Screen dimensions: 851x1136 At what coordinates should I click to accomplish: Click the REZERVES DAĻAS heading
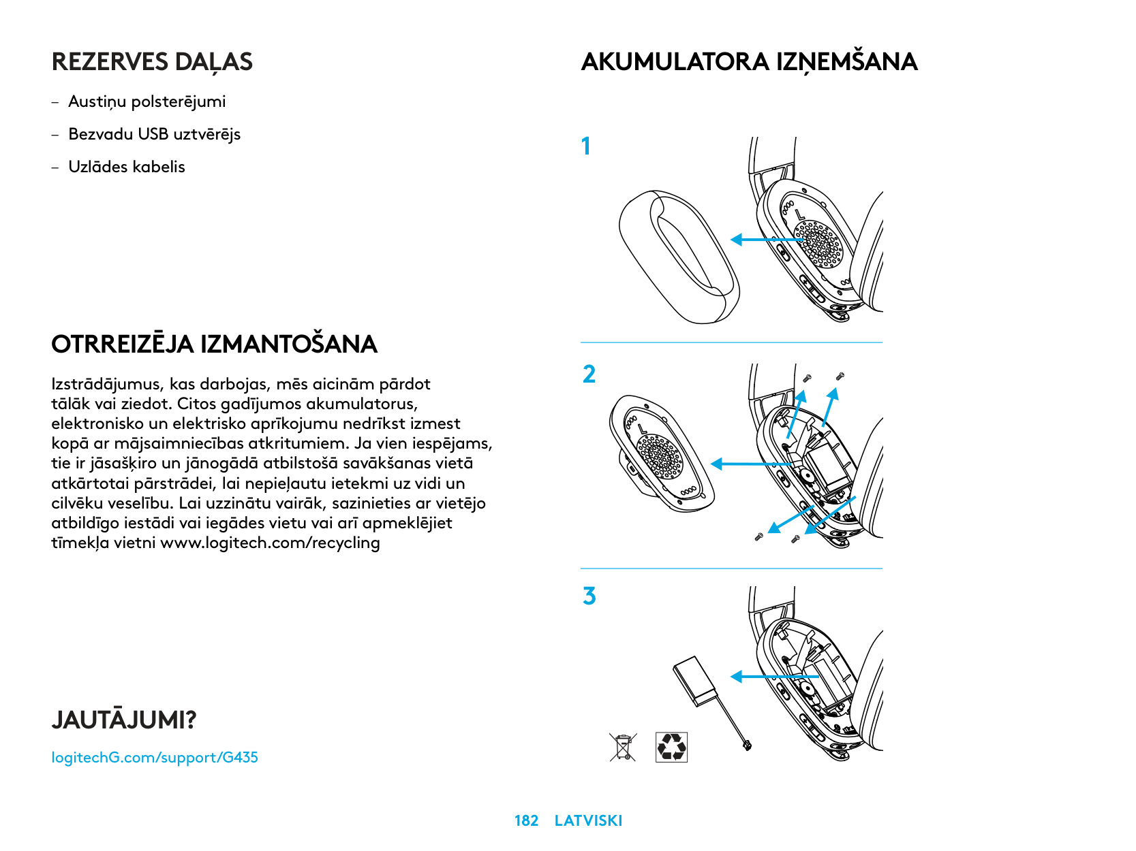(x=152, y=62)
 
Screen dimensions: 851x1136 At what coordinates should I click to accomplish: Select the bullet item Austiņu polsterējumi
(x=147, y=102)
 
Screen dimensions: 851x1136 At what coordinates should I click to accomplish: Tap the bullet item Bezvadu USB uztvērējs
(x=154, y=134)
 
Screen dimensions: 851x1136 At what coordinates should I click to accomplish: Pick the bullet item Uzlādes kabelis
(x=127, y=167)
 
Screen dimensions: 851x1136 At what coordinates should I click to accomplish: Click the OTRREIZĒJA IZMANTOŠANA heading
(x=214, y=344)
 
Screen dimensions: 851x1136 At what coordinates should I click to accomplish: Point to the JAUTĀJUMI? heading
(x=123, y=720)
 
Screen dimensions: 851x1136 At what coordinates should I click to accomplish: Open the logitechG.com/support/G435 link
(x=155, y=758)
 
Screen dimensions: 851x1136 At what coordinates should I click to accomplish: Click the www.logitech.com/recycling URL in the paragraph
(x=270, y=543)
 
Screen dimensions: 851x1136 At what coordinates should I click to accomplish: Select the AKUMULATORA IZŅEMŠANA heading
(x=749, y=62)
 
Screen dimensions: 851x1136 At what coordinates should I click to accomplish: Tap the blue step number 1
(x=586, y=146)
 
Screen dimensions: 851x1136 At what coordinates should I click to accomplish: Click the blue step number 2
(x=589, y=374)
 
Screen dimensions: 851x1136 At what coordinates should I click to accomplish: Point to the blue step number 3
(x=589, y=596)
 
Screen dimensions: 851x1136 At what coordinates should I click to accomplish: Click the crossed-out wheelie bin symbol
(x=623, y=747)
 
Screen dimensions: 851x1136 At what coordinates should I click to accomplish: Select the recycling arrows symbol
(x=671, y=747)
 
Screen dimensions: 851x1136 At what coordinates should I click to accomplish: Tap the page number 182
(x=526, y=821)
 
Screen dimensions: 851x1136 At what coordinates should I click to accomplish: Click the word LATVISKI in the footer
(x=588, y=821)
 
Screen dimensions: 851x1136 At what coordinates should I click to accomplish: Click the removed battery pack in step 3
(x=696, y=681)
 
